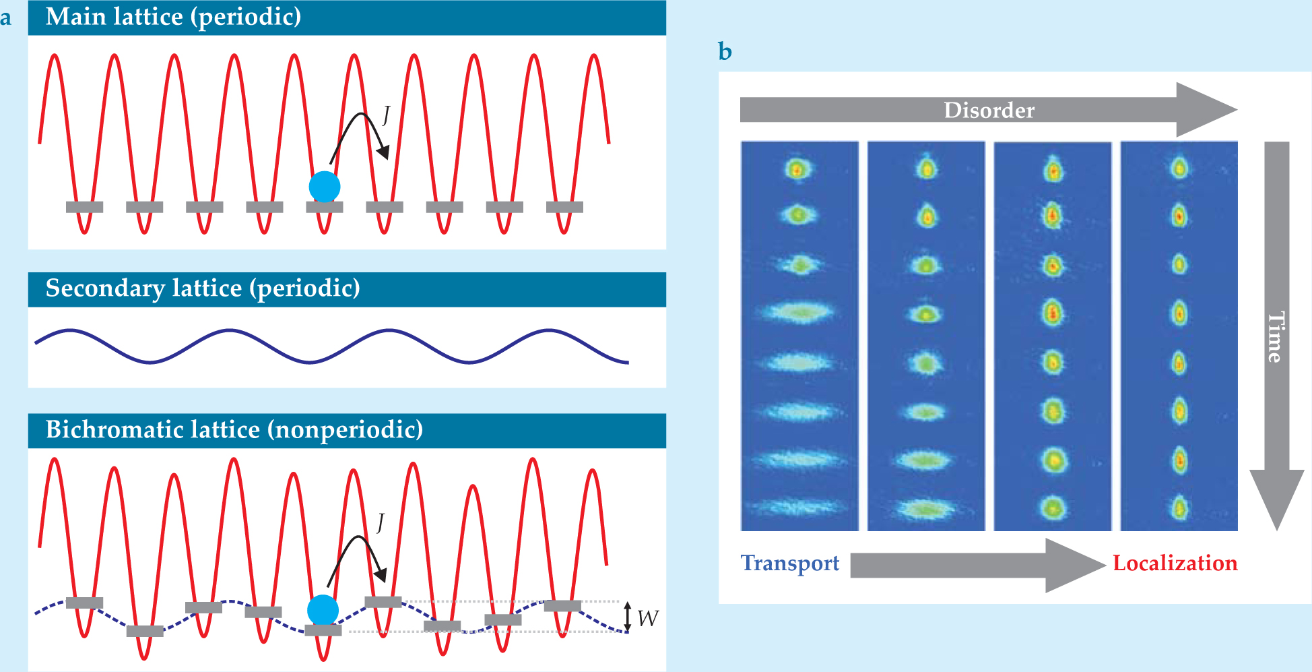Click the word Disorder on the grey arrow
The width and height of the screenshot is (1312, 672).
point(989,110)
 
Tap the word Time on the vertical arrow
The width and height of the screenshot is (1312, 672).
point(1275,337)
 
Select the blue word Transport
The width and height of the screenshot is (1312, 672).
point(790,563)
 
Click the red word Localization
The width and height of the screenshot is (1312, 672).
point(1175,563)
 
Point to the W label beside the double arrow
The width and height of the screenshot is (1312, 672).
point(647,618)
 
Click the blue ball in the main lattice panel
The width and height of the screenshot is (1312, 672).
point(325,187)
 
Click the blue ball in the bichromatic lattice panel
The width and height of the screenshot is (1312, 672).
point(323,610)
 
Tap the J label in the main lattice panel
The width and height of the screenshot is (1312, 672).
point(386,115)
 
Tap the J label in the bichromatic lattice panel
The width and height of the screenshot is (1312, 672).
point(381,522)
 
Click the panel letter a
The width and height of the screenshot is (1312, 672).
point(6,18)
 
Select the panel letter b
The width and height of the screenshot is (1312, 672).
point(725,52)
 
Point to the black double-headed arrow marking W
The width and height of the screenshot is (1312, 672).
point(627,617)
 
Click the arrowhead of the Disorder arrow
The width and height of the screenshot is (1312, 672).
point(1209,110)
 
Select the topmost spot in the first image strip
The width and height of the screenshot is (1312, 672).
point(797,169)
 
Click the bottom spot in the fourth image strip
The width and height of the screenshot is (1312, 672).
point(1179,508)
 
